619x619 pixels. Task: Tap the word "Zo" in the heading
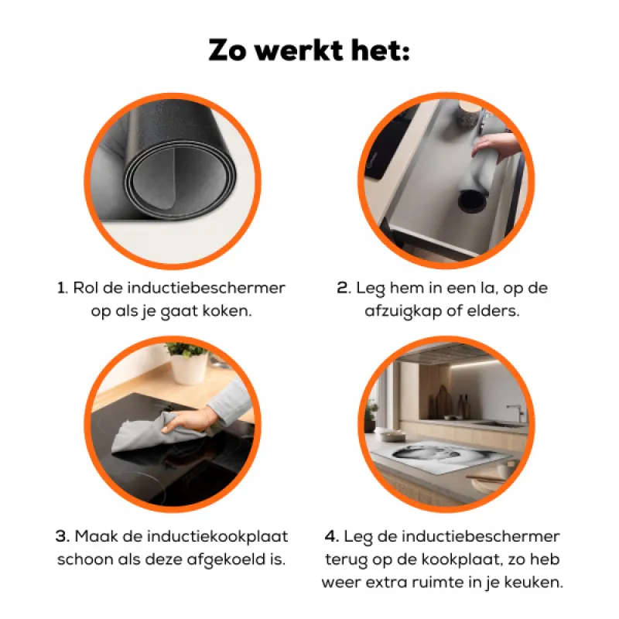click(x=227, y=50)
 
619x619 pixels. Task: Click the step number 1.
click(x=62, y=288)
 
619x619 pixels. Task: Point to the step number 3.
click(x=63, y=536)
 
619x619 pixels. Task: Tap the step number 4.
click(x=332, y=536)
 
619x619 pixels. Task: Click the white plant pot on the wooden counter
click(x=189, y=368)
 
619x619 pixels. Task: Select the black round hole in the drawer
click(x=472, y=200)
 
